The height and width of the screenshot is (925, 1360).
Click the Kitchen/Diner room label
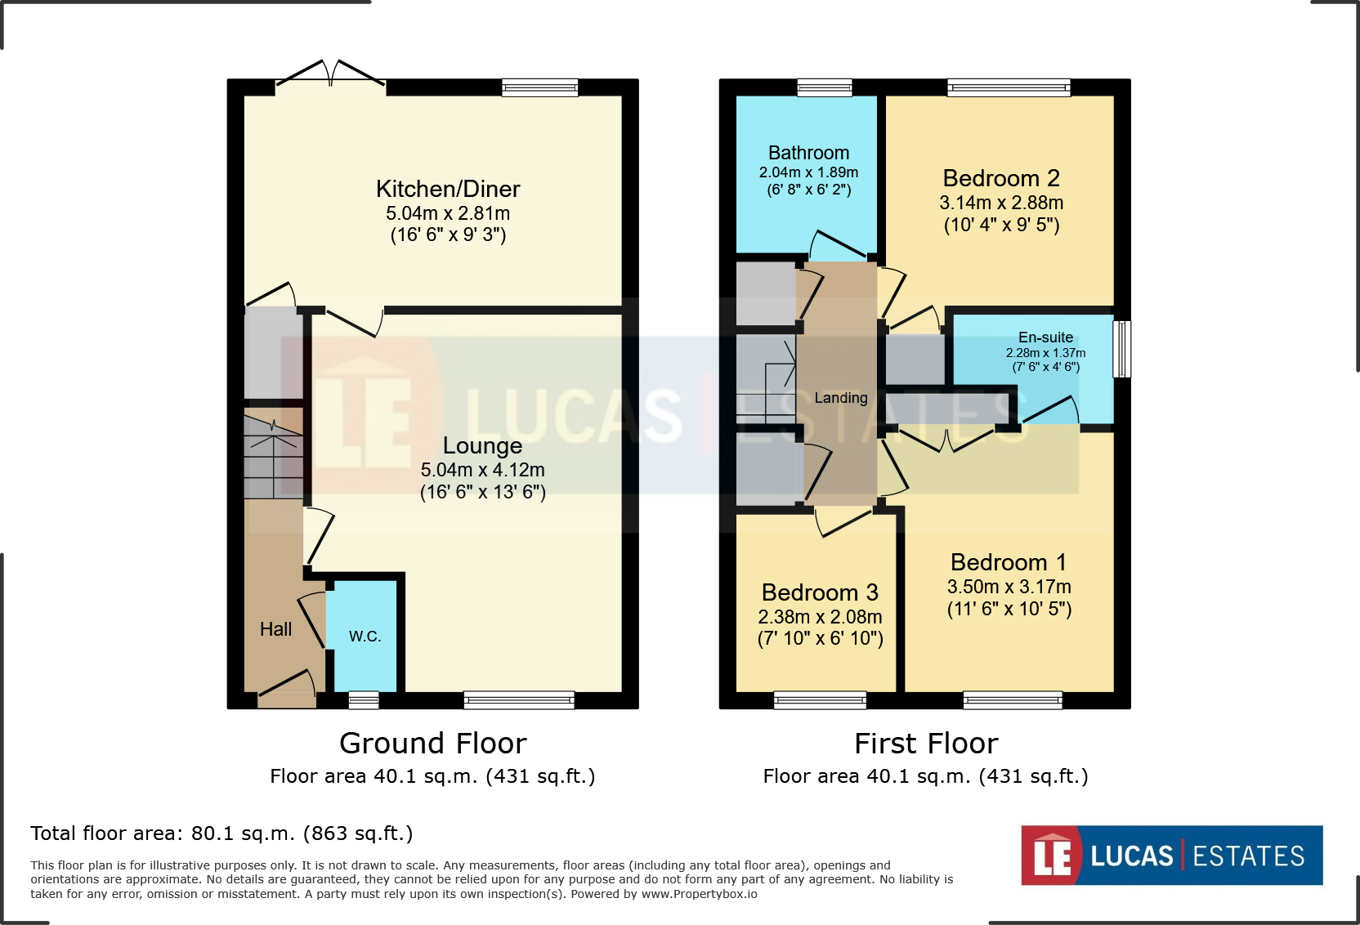point(448,189)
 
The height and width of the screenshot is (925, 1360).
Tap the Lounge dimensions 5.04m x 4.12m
point(482,470)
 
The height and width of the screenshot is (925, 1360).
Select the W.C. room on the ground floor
point(365,636)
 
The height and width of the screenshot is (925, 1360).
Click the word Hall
point(275,629)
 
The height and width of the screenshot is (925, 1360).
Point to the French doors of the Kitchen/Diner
point(330,75)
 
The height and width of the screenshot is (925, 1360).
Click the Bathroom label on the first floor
point(808,153)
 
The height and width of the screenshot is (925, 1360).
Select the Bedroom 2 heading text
point(1000,178)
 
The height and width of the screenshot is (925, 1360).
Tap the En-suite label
point(1045,337)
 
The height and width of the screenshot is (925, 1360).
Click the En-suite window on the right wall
point(1122,349)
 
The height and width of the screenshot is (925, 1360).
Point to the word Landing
point(840,398)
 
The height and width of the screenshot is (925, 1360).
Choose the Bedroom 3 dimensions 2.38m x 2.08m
point(820,617)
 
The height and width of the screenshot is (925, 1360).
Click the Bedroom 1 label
point(1008,562)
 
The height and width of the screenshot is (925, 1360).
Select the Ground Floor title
point(432,744)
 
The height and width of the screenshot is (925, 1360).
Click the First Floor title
point(926,744)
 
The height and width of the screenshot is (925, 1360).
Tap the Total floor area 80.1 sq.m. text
point(221,833)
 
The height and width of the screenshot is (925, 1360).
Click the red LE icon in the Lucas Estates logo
point(1051,856)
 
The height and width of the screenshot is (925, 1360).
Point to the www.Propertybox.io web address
point(699,894)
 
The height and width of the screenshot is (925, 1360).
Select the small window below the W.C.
point(364,700)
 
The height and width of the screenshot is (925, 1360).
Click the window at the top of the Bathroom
point(825,87)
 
